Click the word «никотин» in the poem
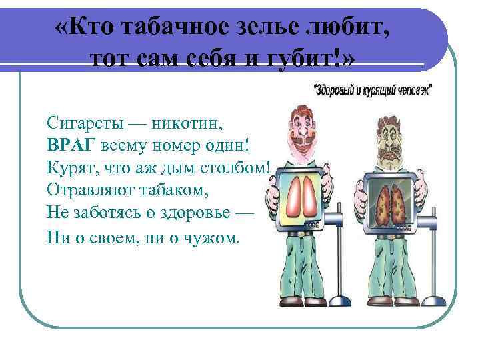(188, 123)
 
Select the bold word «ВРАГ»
(71, 145)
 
